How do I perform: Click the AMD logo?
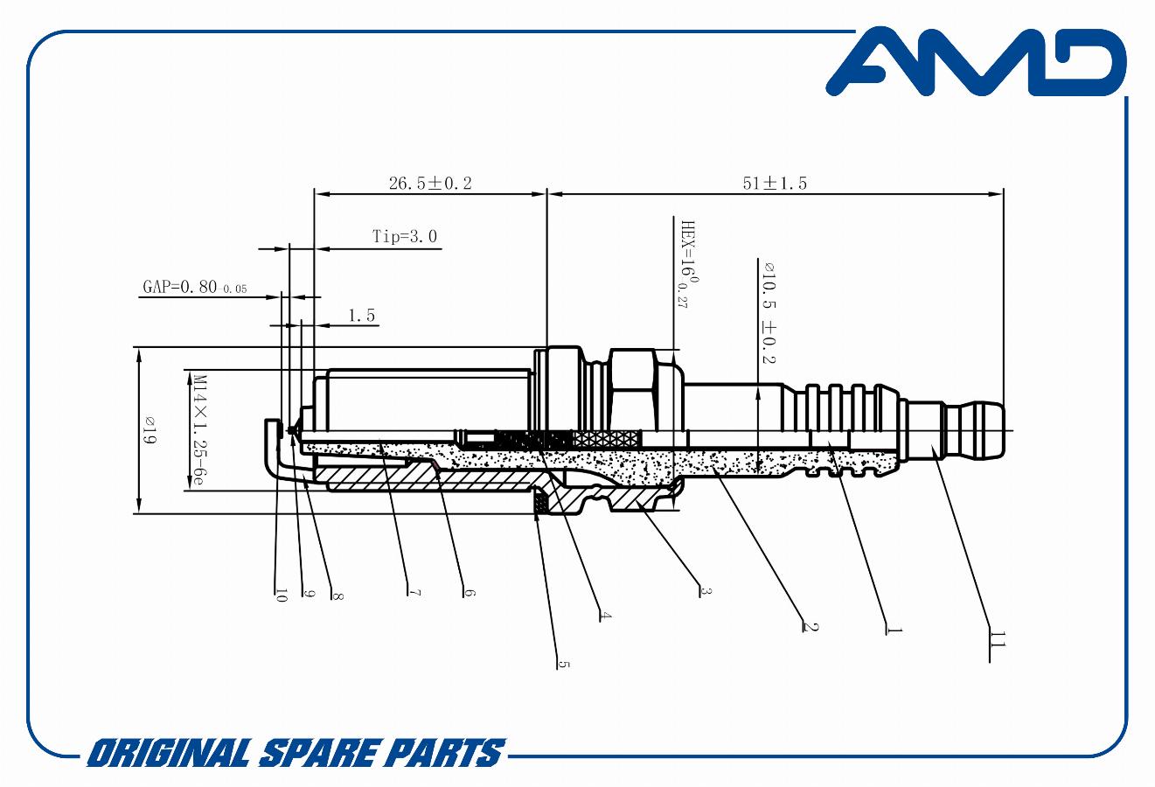coord(976,62)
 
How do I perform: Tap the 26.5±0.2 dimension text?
coord(430,184)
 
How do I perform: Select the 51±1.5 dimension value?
coord(775,184)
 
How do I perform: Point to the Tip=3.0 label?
coord(405,237)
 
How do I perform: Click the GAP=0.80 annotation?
coord(195,287)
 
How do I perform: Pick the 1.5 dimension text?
coord(361,315)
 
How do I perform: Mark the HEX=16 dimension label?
coord(689,265)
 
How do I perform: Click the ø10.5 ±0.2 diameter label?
coord(769,313)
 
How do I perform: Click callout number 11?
coord(998,640)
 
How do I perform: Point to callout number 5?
coord(564,665)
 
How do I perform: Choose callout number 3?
coord(706,591)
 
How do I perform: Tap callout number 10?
coord(281,595)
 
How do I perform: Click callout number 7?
coord(414,593)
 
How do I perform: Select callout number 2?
coord(810,627)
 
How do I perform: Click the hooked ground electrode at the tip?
coord(275,454)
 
